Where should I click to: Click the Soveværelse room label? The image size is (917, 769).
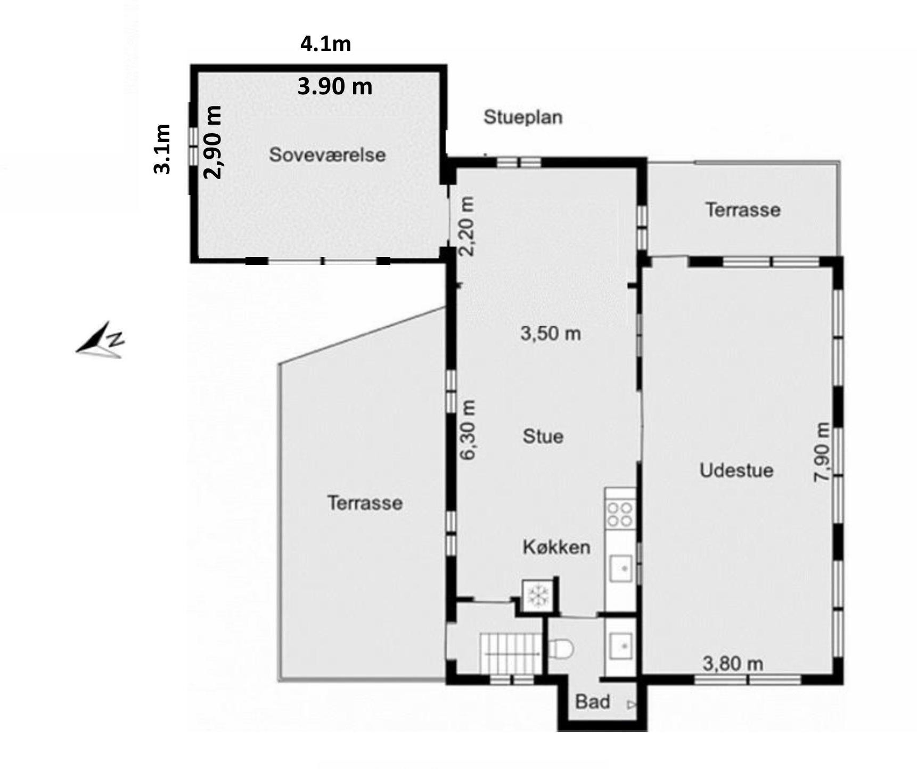[327, 155]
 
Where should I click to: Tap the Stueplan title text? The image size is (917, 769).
[523, 117]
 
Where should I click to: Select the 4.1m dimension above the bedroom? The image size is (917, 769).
[326, 44]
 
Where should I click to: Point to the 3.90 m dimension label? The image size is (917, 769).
[335, 86]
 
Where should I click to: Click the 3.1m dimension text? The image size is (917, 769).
[162, 149]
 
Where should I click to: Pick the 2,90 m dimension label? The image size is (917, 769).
[213, 142]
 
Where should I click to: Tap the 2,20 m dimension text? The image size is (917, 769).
[466, 226]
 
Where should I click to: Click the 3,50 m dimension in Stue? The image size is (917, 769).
[551, 334]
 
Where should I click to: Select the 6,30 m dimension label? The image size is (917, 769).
[468, 430]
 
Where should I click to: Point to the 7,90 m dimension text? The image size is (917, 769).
[822, 452]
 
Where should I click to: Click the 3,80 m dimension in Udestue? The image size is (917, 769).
[733, 664]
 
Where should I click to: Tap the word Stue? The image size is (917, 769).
[543, 436]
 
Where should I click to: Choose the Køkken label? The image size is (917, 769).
[556, 547]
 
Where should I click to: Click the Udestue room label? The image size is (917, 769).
[736, 471]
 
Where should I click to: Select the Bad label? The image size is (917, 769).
[593, 702]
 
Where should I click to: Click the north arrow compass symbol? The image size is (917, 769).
[101, 339]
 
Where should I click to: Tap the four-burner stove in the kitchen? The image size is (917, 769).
[620, 514]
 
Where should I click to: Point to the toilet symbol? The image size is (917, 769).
[561, 649]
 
